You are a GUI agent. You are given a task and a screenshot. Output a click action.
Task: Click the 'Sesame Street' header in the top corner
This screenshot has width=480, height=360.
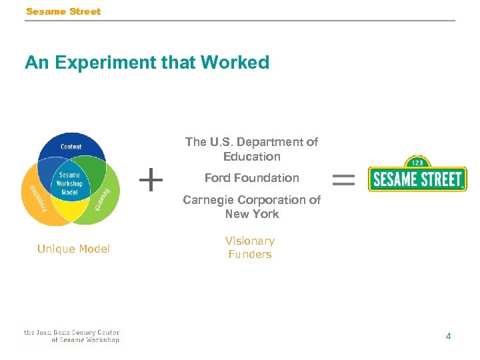(x=63, y=11)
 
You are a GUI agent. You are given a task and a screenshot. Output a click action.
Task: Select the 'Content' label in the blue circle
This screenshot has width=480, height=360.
(x=71, y=147)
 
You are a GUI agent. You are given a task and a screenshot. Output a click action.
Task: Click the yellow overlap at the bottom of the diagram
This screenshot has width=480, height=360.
(x=71, y=215)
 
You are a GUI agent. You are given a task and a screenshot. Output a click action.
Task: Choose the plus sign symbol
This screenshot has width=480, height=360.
(x=151, y=179)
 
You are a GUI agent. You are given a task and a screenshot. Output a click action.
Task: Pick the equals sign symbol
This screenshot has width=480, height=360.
(x=343, y=179)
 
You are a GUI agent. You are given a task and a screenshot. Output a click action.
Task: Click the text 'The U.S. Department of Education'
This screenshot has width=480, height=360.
(x=251, y=149)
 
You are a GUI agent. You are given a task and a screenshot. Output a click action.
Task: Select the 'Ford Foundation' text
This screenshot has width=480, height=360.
(x=251, y=178)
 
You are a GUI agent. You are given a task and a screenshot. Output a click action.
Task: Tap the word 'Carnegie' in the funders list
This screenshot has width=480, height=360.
(x=206, y=200)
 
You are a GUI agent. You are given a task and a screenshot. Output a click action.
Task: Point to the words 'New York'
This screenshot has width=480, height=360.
(x=251, y=214)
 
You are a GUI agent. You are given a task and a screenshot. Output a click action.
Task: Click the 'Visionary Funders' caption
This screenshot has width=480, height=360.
(x=250, y=247)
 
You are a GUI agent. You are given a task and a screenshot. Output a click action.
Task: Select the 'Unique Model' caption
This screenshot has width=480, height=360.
(x=73, y=249)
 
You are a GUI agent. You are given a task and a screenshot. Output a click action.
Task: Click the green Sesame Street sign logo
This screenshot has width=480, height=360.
(x=417, y=179)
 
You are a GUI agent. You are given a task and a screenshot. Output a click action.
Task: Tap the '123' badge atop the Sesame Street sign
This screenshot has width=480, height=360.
(x=418, y=161)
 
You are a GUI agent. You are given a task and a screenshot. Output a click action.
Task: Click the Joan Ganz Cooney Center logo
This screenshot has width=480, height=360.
(x=71, y=336)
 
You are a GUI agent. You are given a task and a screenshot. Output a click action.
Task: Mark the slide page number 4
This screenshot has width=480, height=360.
(x=448, y=336)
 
